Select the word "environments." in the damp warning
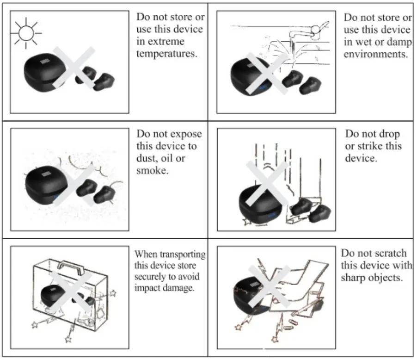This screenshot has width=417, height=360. pyautogui.click(x=375, y=54)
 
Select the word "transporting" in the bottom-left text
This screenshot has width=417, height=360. pyautogui.click(x=182, y=254)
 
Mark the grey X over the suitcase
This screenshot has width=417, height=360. pyautogui.click(x=70, y=287)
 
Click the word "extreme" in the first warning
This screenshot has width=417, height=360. pyautogui.click(x=154, y=42)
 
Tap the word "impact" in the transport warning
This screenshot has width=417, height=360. pyautogui.click(x=147, y=287)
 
